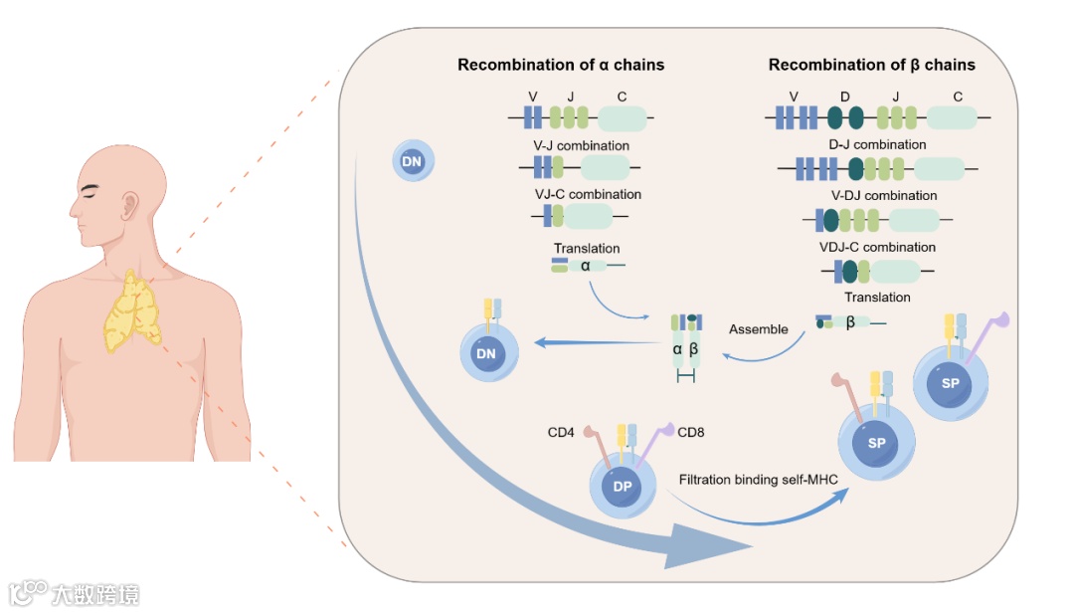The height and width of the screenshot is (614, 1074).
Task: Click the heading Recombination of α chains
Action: (x=560, y=66)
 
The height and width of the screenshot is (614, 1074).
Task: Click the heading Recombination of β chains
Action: (x=871, y=66)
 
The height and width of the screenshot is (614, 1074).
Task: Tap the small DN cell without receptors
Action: (x=411, y=161)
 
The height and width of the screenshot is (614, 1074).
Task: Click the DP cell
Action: (x=623, y=487)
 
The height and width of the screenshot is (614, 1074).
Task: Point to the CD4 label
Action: (x=563, y=433)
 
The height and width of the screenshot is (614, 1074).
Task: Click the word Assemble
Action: (x=758, y=329)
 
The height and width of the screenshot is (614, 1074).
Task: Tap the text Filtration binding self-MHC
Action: (x=759, y=480)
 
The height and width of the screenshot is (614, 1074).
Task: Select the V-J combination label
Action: (x=581, y=146)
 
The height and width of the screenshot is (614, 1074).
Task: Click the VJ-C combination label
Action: (x=588, y=194)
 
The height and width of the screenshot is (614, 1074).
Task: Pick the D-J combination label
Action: (x=876, y=144)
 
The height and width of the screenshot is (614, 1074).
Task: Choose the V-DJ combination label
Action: (x=884, y=196)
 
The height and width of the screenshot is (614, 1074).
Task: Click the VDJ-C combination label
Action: (x=878, y=247)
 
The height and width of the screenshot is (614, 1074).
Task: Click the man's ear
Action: (x=129, y=206)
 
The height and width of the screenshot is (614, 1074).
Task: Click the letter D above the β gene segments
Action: (x=844, y=97)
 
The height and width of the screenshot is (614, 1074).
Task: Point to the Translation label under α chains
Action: (x=587, y=249)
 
